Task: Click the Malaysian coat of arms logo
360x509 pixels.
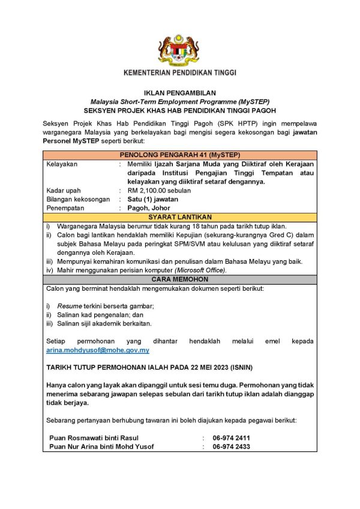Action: click(179, 50)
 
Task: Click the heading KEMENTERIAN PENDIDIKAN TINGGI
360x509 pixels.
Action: click(179, 73)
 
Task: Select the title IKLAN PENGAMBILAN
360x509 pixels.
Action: click(179, 94)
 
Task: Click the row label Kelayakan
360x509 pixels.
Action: click(62, 164)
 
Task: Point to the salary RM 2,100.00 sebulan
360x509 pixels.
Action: click(159, 190)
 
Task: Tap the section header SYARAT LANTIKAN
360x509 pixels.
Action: click(180, 217)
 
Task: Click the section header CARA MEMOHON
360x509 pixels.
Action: click(180, 279)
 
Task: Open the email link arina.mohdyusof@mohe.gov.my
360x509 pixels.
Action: click(98, 350)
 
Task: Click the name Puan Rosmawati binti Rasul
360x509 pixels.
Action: click(94, 438)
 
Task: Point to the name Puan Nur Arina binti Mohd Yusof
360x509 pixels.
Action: click(101, 447)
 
